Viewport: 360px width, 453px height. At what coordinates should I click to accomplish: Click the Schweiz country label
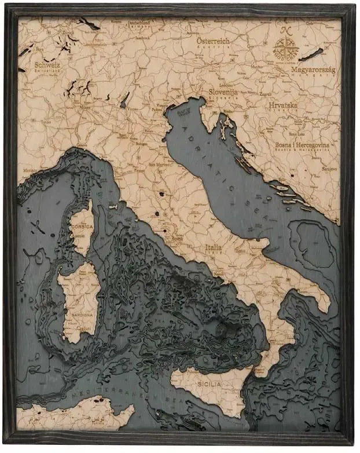47,65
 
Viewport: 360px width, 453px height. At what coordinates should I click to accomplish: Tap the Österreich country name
212,41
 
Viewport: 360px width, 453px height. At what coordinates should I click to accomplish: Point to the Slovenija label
223,92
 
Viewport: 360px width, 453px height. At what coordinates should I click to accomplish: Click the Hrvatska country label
282,105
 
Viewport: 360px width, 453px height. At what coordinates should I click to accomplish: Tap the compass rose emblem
285,49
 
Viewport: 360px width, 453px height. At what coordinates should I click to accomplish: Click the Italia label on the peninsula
214,247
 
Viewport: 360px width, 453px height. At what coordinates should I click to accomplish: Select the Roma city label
177,239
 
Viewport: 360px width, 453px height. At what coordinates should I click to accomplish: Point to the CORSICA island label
82,226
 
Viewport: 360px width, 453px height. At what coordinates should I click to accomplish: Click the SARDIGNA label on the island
81,315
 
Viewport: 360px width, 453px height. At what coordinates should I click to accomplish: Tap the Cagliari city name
85,328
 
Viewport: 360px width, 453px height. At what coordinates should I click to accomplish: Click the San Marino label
159,164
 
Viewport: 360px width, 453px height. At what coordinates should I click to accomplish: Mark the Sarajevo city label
330,167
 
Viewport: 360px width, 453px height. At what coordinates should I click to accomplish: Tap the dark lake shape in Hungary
310,54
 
